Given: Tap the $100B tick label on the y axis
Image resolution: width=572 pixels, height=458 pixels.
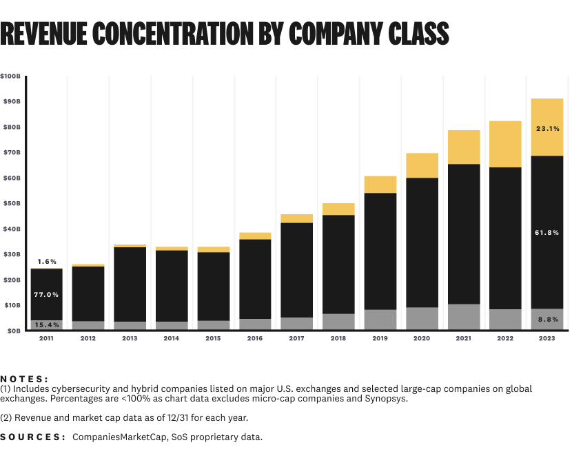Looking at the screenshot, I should pyautogui.click(x=10, y=76).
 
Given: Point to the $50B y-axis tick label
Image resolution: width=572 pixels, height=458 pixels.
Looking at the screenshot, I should pyautogui.click(x=10, y=203).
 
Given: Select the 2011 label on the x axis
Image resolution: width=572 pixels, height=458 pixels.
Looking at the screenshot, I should pyautogui.click(x=46, y=338).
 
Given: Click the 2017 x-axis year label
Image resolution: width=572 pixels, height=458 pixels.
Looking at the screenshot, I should pyautogui.click(x=297, y=338).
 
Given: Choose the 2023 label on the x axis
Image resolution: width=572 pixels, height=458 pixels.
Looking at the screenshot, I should pyautogui.click(x=548, y=338).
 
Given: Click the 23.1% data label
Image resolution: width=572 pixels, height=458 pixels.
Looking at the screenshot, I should pyautogui.click(x=547, y=128).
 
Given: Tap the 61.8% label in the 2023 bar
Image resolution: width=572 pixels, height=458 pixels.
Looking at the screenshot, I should pyautogui.click(x=547, y=233).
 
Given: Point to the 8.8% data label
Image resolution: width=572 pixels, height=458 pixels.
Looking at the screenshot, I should pyautogui.click(x=547, y=320).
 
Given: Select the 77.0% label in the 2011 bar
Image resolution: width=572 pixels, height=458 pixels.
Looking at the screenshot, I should pyautogui.click(x=46, y=295).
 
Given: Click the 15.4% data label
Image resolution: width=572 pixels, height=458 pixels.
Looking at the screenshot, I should pyautogui.click(x=46, y=324).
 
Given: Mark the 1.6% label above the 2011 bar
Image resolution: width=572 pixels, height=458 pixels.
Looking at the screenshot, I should pyautogui.click(x=46, y=262).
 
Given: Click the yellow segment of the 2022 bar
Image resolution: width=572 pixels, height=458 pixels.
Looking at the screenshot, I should pyautogui.click(x=506, y=144).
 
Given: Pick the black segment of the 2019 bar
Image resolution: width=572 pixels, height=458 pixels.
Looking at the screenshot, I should pyautogui.click(x=380, y=251).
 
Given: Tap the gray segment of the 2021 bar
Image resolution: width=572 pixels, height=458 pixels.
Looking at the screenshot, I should pyautogui.click(x=464, y=317).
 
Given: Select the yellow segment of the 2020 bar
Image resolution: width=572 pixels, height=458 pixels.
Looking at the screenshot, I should pyautogui.click(x=422, y=165).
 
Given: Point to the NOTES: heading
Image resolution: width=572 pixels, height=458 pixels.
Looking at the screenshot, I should pyautogui.click(x=25, y=379).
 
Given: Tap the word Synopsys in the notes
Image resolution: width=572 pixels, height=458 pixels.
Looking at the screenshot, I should pyautogui.click(x=386, y=399).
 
